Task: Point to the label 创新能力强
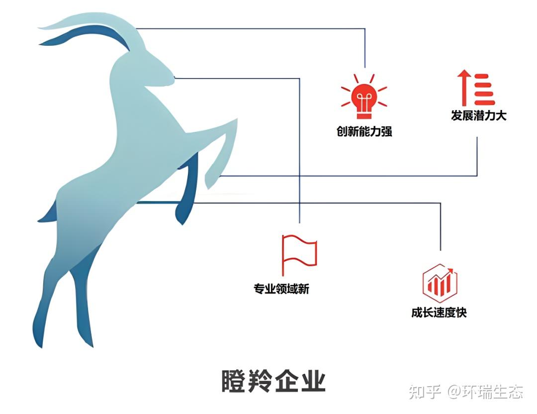(x=364, y=131)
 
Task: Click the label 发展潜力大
(x=478, y=115)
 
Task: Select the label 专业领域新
(x=281, y=289)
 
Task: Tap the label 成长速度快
(x=439, y=312)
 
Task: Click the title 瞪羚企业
(x=273, y=381)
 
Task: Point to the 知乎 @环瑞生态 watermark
(x=466, y=392)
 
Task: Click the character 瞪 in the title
(x=234, y=381)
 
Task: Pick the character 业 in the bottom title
(x=313, y=381)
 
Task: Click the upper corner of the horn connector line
(x=365, y=29)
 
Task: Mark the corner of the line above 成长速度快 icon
(x=441, y=203)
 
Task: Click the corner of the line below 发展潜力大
(x=477, y=176)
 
